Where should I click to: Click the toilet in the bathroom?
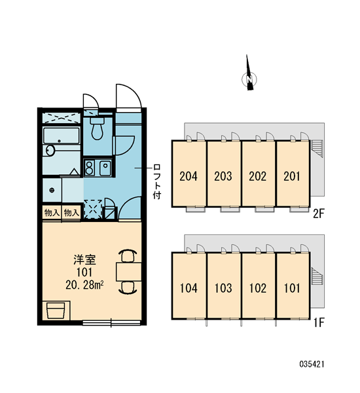click(x=98, y=128)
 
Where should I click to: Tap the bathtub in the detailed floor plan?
click(x=62, y=136)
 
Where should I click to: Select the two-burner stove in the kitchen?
click(x=89, y=168)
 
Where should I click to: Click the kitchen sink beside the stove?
click(x=105, y=168)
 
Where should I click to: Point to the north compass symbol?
click(x=249, y=75)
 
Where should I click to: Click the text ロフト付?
click(x=157, y=181)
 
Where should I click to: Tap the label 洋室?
click(x=84, y=260)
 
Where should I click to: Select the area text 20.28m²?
click(x=84, y=285)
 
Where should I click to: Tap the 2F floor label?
click(x=319, y=214)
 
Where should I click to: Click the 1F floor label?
click(x=319, y=323)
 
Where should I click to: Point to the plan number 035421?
click(x=312, y=364)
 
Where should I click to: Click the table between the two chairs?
click(x=129, y=271)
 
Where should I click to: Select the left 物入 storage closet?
click(x=52, y=213)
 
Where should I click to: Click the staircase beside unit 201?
click(x=317, y=149)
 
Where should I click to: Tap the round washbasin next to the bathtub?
click(x=50, y=151)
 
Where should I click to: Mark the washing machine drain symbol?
click(x=52, y=190)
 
